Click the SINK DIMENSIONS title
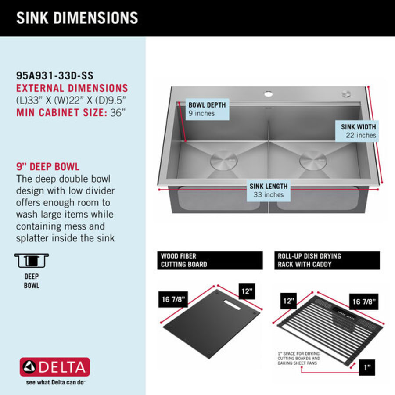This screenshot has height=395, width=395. coord(77,18)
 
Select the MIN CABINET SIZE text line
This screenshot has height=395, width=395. coord(71,112)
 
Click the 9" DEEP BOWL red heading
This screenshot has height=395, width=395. coord(48,167)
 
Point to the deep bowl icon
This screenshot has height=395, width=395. coord(32,261)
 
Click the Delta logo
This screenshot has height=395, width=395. coord(55,367)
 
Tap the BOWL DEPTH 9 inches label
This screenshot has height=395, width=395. coord(207,109)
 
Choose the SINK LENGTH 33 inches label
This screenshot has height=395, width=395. coord(269,190)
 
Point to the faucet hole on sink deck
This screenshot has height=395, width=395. coord(268,94)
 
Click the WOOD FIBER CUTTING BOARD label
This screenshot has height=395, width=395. coord(210,260)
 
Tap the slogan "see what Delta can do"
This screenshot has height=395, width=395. coord(55,382)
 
